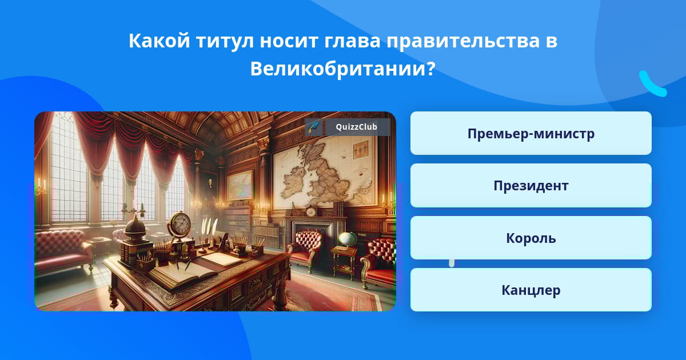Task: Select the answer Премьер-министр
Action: tap(531, 133)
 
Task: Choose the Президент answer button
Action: tap(531, 186)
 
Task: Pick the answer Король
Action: tap(531, 238)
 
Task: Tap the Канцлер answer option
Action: tap(531, 290)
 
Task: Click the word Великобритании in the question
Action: tap(342, 69)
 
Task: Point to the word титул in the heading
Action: tap(225, 41)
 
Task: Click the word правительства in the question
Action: tap(462, 41)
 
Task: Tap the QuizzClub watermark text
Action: tap(357, 127)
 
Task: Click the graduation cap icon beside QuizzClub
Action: tap(314, 127)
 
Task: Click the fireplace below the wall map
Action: tap(312, 235)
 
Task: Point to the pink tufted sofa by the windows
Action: tap(63, 249)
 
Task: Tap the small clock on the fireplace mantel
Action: tap(311, 212)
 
